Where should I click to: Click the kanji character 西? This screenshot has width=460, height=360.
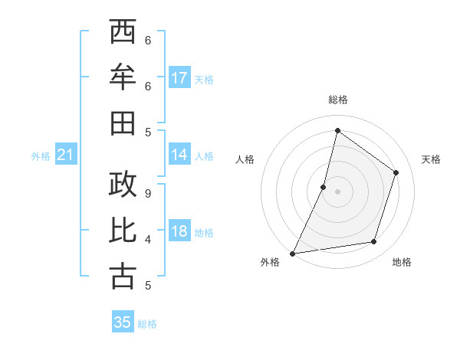pos(123,33)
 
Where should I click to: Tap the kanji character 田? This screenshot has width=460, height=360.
pos(123,123)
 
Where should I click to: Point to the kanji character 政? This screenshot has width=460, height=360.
pos(123,186)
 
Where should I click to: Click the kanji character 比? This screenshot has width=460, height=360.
pos(123,231)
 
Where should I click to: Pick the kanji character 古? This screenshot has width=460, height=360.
pos(123,275)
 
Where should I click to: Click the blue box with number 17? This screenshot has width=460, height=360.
pos(179,78)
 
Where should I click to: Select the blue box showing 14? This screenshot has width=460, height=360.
pos(179,155)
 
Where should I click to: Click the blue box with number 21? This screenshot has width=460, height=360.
pos(66,155)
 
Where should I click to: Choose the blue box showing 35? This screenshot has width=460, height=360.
pos(123,322)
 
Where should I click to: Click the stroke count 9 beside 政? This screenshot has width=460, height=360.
pos(148,193)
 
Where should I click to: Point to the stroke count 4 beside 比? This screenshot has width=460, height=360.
pos(148,240)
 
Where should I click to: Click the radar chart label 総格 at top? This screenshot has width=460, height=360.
pos(337,100)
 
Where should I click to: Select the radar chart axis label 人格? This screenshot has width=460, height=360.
pos(245,159)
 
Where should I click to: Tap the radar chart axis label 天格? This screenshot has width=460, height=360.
pos(431,159)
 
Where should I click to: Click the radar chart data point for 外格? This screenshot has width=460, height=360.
pos(293,253)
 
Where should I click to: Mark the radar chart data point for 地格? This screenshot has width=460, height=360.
pos(374,242)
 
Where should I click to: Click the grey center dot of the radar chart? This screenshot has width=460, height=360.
pos(337,191)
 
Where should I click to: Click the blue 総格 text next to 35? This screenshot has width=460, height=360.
pos(147,324)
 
